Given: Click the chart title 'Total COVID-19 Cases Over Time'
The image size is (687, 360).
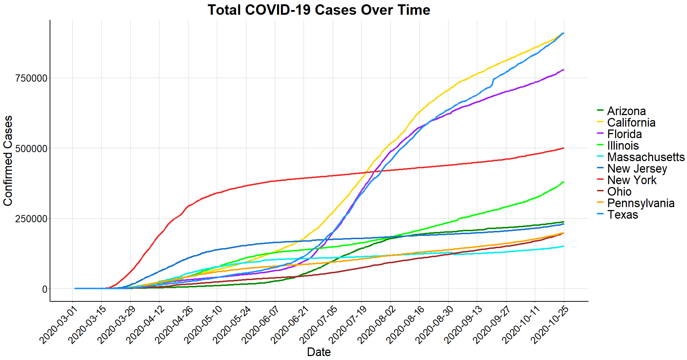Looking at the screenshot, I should [319, 10].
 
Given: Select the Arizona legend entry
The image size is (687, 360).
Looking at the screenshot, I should [626, 111].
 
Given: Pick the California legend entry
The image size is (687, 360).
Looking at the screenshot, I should [631, 122].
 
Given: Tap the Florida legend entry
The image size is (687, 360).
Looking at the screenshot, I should [624, 134].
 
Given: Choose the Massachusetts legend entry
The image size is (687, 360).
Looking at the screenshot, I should [646, 157].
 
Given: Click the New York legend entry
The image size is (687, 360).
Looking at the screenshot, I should [632, 180].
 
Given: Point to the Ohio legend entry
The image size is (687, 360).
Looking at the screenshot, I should [619, 191].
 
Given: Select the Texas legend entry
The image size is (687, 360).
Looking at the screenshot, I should [623, 214].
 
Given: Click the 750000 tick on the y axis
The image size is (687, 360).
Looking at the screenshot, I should [32, 78].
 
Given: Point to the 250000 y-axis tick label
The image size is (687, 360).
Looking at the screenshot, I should [32, 219].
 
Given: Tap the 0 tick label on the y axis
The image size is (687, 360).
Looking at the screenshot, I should [45, 289].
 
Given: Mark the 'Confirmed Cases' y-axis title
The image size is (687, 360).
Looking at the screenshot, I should [8, 161].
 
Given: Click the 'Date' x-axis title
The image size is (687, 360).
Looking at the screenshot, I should [319, 352].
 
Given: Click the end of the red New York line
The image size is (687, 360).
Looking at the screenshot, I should [563, 148].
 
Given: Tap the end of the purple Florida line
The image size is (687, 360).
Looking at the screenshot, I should [563, 70].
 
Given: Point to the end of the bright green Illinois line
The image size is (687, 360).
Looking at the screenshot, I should [563, 182].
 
